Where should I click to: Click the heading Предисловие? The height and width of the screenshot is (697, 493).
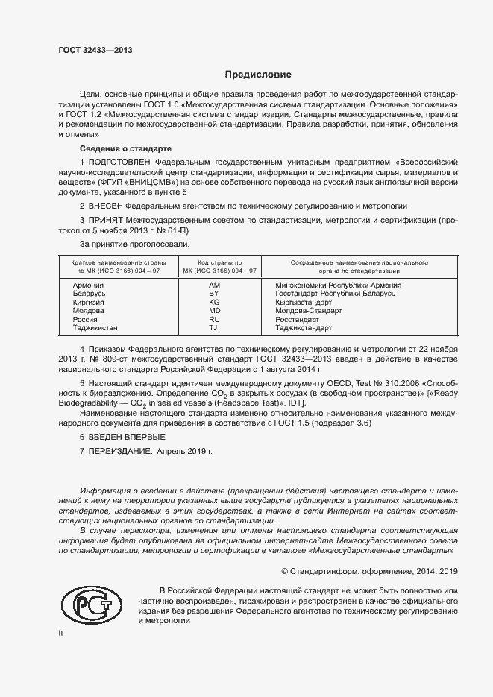tap(258, 75)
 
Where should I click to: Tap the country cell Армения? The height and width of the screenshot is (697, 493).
tap(88, 285)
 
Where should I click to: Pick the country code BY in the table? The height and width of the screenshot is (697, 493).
tap(214, 294)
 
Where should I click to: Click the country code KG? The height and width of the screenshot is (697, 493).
tap(214, 302)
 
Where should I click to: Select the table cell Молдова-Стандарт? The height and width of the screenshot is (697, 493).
tap(309, 311)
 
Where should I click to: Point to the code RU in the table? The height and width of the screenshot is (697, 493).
tap(214, 319)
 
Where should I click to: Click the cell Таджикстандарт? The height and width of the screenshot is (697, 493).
tap(304, 328)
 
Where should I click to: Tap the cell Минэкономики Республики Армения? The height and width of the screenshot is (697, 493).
tap(338, 285)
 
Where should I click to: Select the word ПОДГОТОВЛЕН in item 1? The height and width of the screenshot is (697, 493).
tap(119, 161)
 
